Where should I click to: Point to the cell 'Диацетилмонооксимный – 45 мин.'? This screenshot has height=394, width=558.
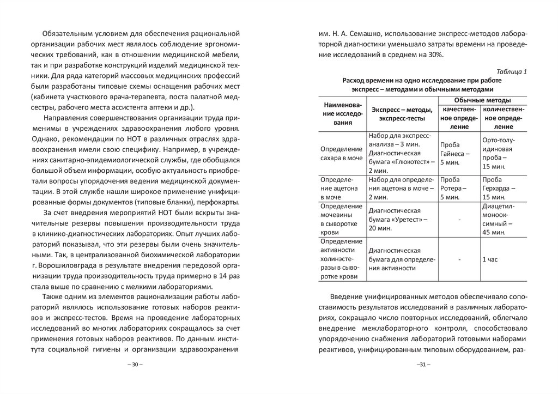tap(500, 219)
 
